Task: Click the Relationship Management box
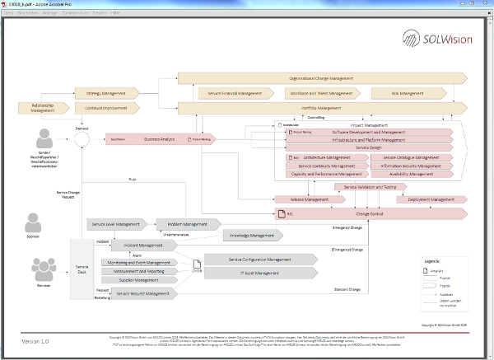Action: (x=42, y=107)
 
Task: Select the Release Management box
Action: (x=291, y=199)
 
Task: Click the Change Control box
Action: (x=370, y=213)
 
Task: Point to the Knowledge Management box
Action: (x=252, y=235)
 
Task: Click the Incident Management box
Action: (x=142, y=245)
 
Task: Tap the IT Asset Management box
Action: (x=259, y=273)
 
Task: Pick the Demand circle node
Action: (x=82, y=140)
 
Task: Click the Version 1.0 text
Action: (x=35, y=341)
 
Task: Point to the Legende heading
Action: (x=431, y=260)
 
